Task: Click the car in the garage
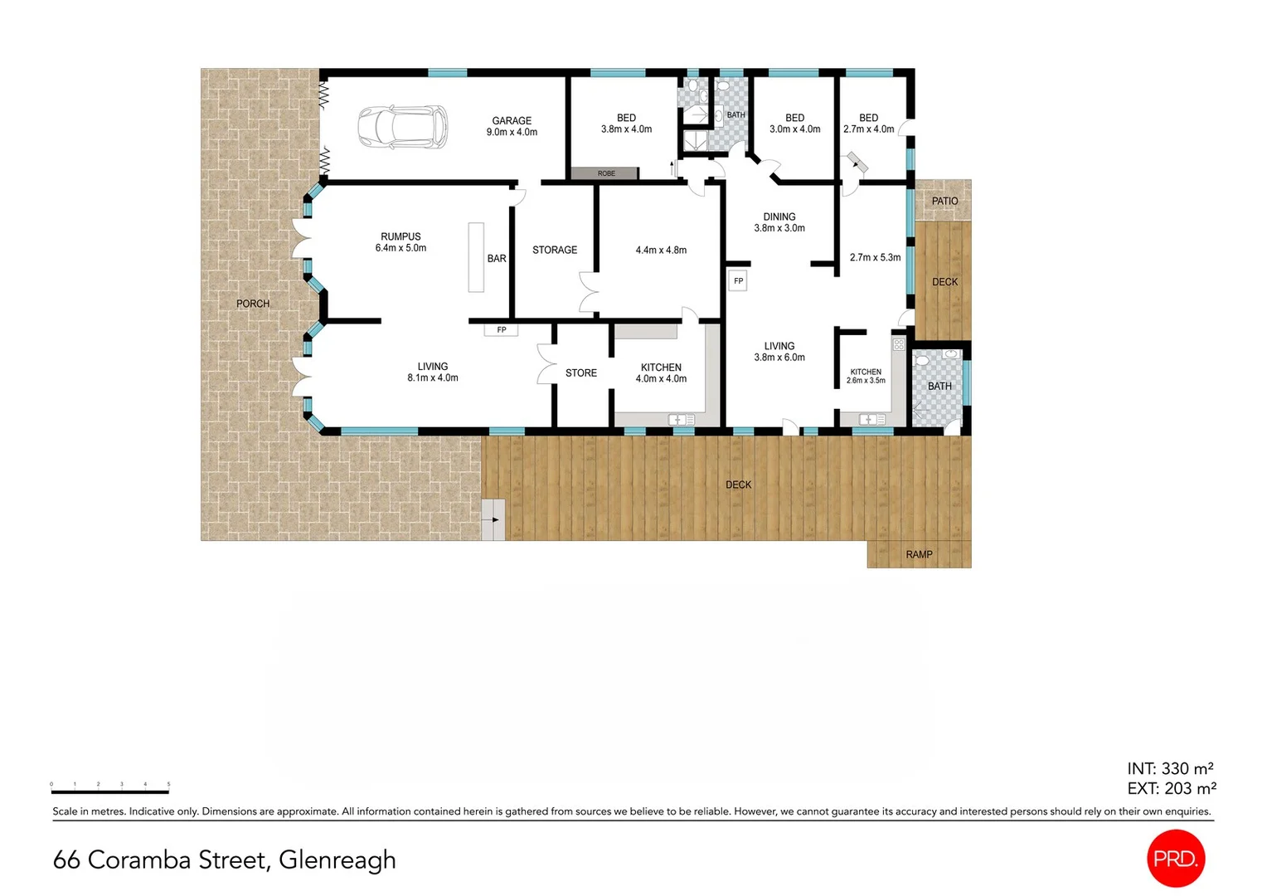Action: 402,128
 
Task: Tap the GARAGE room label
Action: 512,121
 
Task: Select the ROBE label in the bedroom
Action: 606,173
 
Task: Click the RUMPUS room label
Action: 400,236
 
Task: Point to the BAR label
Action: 497,259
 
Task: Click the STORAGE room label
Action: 555,250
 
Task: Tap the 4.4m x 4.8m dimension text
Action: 661,250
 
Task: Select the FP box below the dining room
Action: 738,281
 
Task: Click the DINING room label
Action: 779,217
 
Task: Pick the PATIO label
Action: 944,201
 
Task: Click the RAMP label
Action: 919,554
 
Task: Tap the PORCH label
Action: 253,304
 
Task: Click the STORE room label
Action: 581,373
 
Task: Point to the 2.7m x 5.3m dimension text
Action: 875,257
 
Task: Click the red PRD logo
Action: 1175,859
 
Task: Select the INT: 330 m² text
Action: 1170,768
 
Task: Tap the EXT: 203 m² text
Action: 1171,788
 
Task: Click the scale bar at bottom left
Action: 110,791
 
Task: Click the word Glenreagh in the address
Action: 337,860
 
